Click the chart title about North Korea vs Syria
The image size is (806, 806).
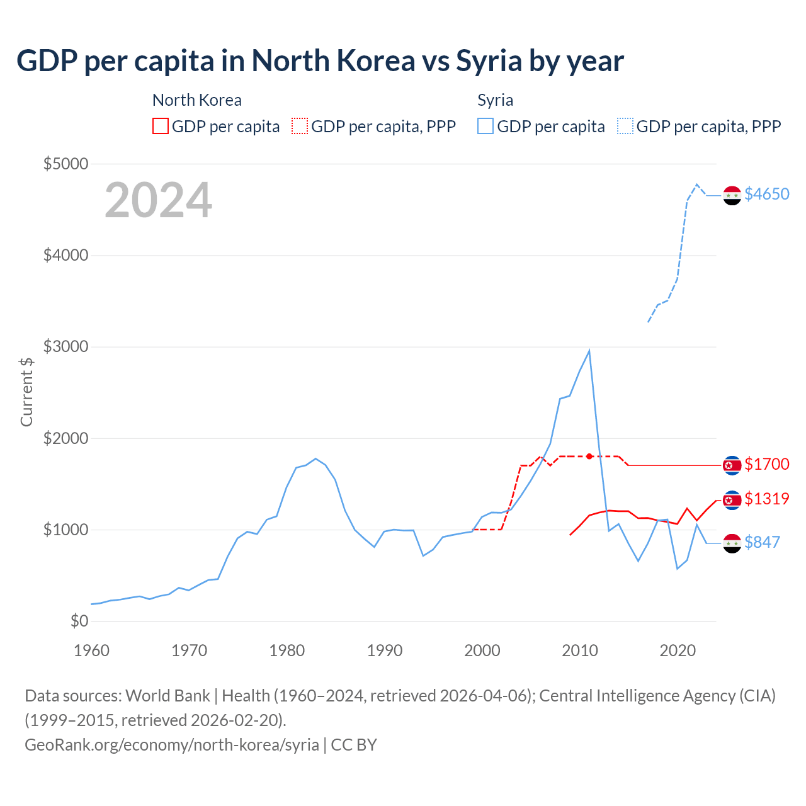tap(320, 61)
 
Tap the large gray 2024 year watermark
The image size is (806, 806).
tap(158, 200)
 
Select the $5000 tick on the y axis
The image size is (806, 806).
tap(65, 164)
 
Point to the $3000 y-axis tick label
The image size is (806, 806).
tap(65, 346)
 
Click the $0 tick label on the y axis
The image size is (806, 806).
tap(79, 621)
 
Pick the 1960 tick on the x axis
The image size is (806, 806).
tap(92, 650)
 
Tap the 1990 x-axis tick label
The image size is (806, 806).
tap(385, 650)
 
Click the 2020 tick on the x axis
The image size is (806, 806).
tap(678, 650)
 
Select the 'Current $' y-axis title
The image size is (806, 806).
tap(26, 392)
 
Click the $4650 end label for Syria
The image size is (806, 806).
tap(766, 194)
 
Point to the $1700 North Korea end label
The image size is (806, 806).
tap(766, 464)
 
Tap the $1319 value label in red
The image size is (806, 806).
tap(766, 499)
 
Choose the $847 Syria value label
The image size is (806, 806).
tap(762, 542)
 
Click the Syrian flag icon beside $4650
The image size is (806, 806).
tap(732, 196)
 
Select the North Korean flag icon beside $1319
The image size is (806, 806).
tap(732, 501)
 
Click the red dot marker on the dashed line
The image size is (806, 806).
tap(589, 456)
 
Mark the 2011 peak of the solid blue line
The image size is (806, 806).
tap(589, 351)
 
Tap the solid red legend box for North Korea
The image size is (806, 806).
tap(161, 126)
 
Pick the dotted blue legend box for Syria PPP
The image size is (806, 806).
tap(625, 126)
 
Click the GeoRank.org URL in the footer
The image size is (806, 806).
tap(171, 744)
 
